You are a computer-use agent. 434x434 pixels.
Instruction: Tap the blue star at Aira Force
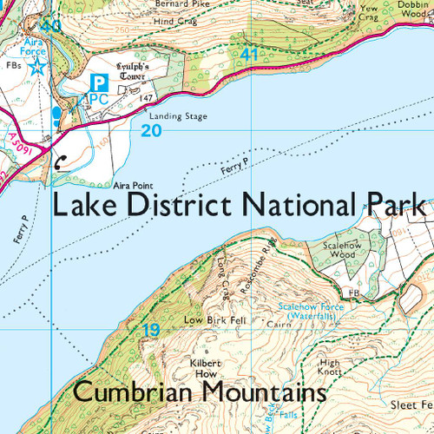tap(36, 67)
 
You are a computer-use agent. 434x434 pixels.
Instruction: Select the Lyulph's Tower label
tap(135, 70)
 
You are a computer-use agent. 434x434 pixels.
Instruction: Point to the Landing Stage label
tap(178, 115)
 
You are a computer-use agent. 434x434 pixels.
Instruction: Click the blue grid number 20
tap(151, 130)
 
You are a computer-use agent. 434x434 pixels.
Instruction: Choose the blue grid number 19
tap(151, 330)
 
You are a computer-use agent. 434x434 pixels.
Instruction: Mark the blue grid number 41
tap(251, 55)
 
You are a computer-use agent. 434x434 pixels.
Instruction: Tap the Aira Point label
tap(132, 185)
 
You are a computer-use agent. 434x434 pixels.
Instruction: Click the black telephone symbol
tap(59, 160)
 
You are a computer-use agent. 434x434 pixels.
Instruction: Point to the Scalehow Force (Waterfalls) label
tap(313, 311)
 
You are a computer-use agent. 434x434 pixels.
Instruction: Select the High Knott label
tap(331, 366)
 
